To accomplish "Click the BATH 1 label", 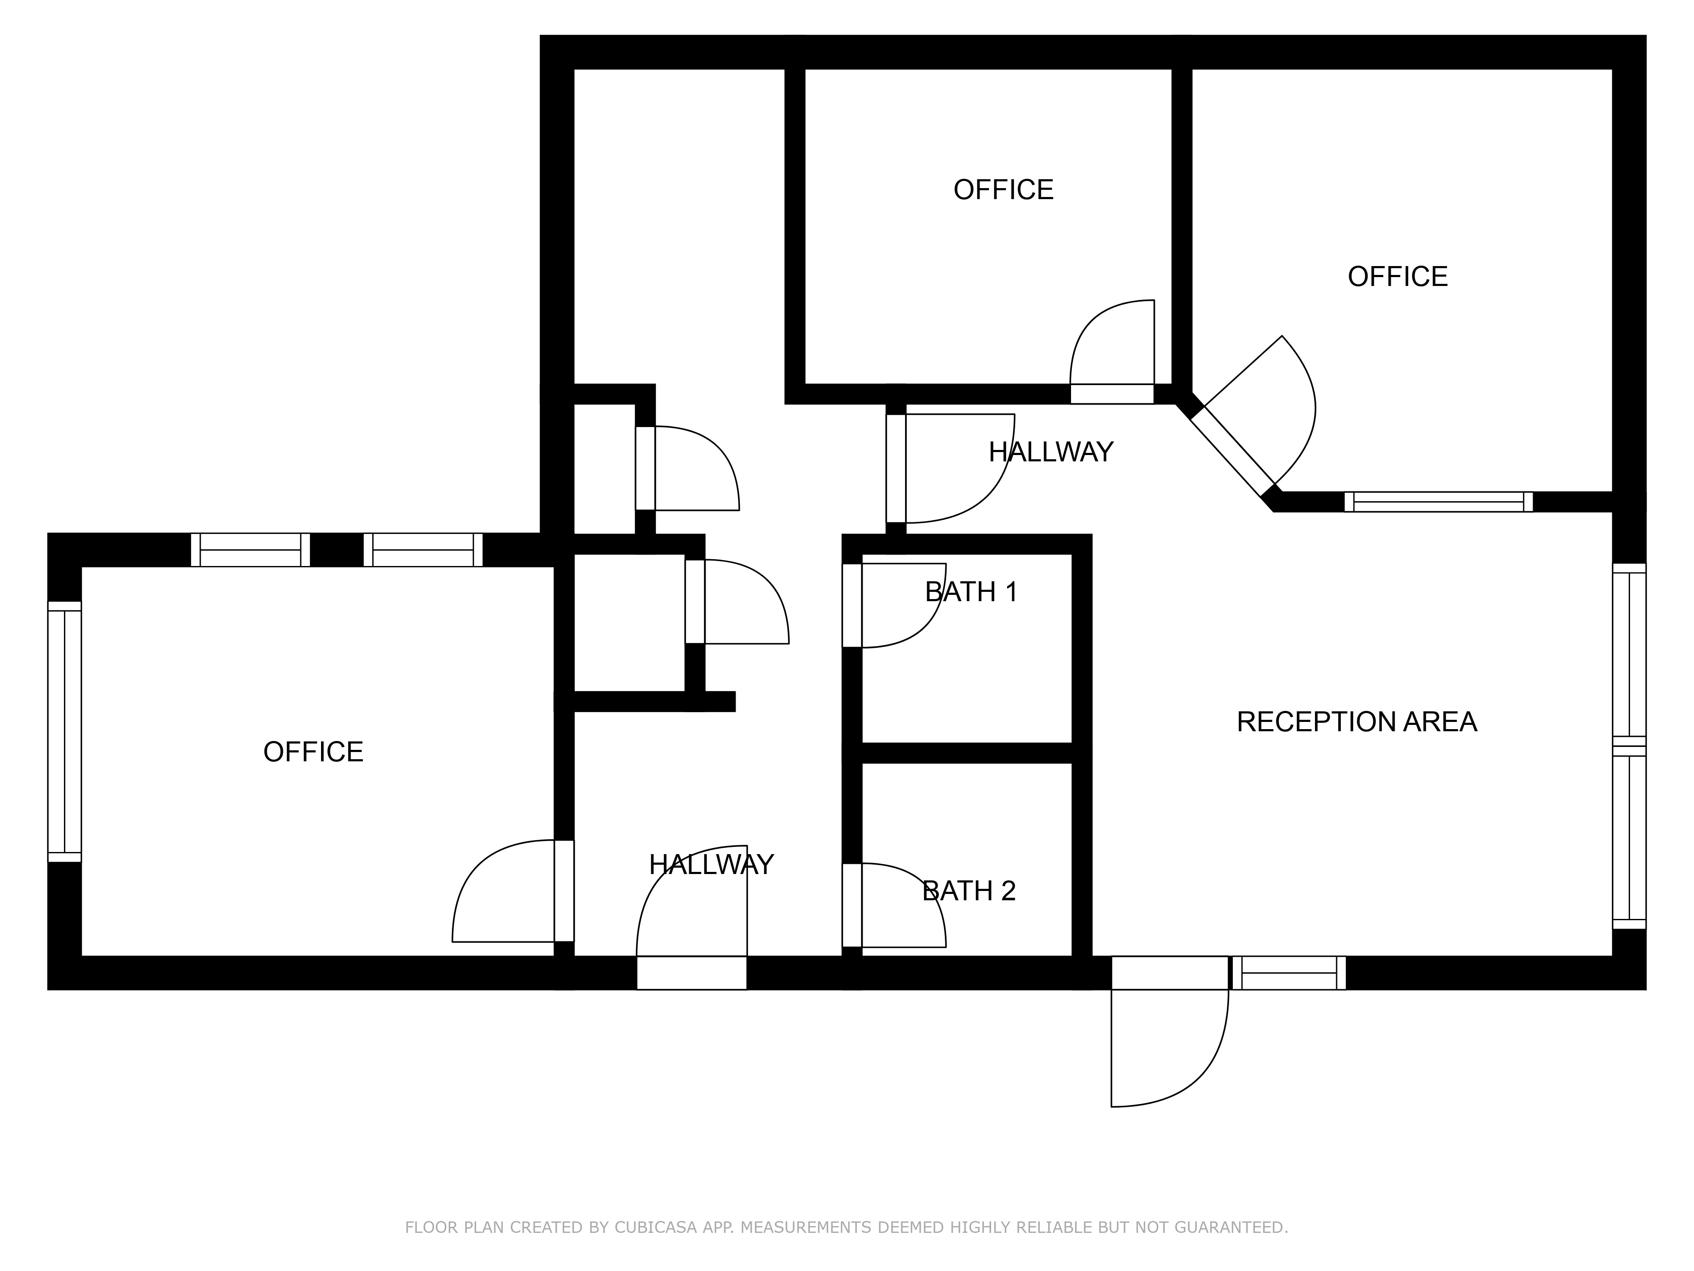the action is click(x=971, y=592).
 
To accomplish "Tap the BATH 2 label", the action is click(x=969, y=891).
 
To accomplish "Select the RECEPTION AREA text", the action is click(x=1356, y=722).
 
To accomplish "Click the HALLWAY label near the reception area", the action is click(x=1051, y=452).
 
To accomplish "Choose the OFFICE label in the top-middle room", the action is click(x=1003, y=190).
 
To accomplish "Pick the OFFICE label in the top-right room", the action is click(x=1398, y=277).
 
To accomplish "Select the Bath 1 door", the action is click(x=894, y=605).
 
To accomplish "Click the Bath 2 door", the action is click(x=894, y=905).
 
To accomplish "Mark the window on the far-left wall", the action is click(x=64, y=732).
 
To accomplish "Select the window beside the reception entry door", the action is click(x=1289, y=973).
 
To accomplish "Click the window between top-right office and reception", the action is click(x=1438, y=502).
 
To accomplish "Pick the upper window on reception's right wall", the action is click(x=1629, y=655).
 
